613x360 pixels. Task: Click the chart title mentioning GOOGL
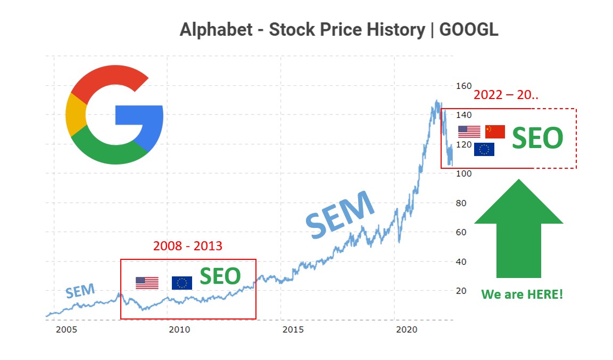[x=338, y=29]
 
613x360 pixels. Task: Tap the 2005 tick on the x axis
[x=67, y=330]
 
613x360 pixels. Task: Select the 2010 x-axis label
[x=179, y=330]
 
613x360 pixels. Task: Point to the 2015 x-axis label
[x=293, y=330]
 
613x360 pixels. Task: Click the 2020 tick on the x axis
[x=407, y=330]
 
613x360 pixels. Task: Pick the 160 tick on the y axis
[x=464, y=86]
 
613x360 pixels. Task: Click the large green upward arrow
[x=518, y=229]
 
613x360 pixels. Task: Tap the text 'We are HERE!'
[x=521, y=294]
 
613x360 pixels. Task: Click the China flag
[x=495, y=132]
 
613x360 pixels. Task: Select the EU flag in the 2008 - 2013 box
[x=182, y=283]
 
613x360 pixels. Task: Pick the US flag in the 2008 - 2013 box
[x=147, y=283]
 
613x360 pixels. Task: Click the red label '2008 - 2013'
[x=187, y=246]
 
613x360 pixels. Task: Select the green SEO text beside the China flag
[x=537, y=138]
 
